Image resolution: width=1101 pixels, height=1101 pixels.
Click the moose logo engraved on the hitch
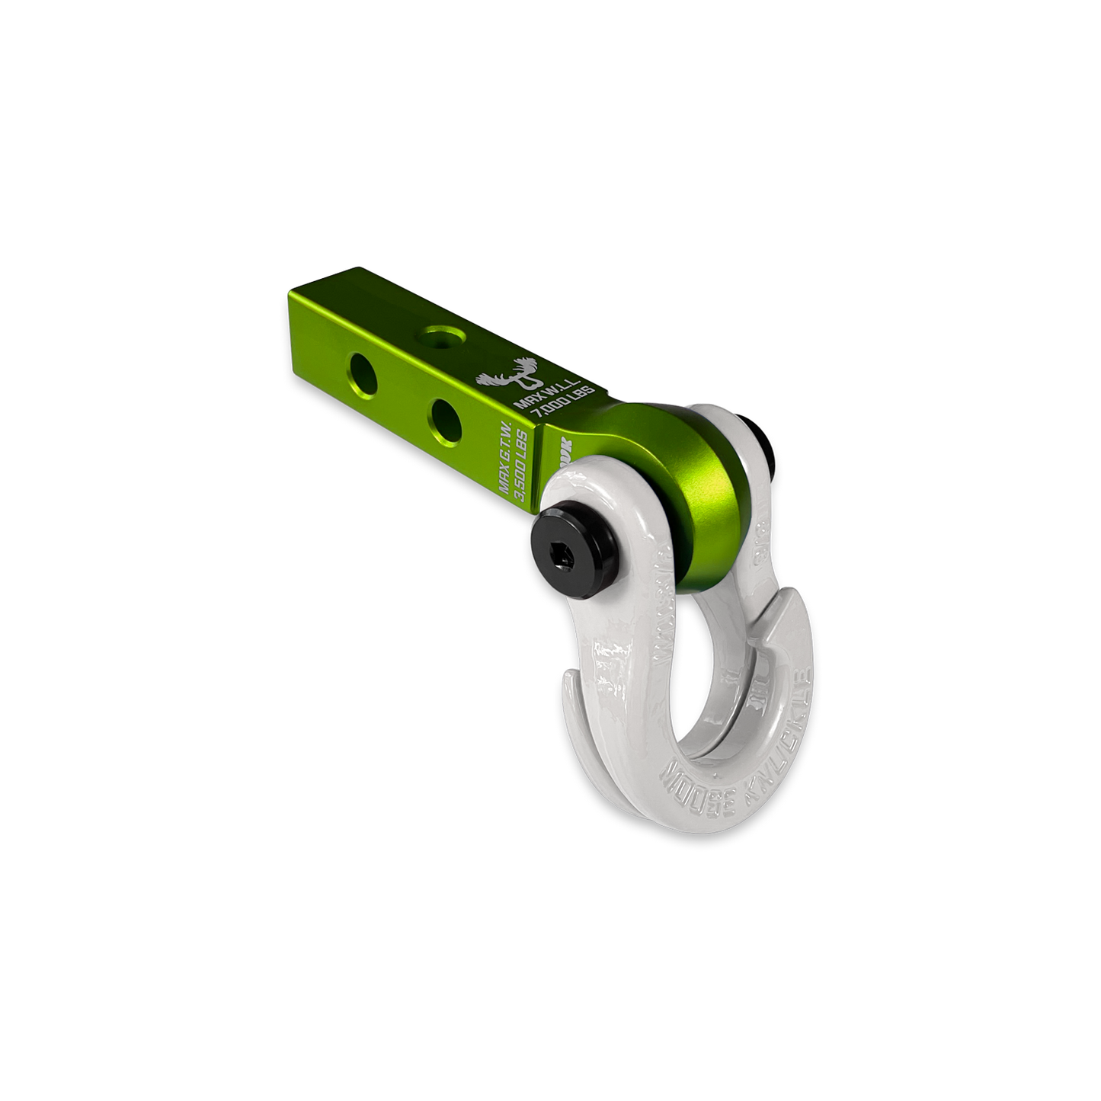495,381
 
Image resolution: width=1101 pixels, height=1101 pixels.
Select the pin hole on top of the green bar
440,334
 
